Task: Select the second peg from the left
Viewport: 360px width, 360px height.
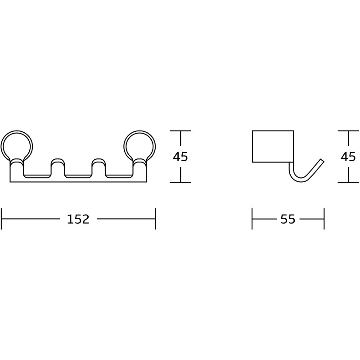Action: point(58,167)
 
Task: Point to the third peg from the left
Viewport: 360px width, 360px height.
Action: point(99,167)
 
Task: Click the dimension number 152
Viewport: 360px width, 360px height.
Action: point(78,219)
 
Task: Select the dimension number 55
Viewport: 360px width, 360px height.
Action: point(288,219)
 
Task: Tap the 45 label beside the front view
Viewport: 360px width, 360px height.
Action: point(180,157)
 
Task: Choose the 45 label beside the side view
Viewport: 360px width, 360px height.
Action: point(348,157)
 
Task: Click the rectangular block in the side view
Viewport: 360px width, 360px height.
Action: point(273,146)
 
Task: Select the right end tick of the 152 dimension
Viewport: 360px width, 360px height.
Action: point(155,219)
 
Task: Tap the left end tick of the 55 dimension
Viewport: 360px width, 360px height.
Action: point(252,219)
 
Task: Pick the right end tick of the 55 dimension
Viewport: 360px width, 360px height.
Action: point(324,219)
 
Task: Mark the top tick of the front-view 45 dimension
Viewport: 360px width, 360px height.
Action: point(180,130)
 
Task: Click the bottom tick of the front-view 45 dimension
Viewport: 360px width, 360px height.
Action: point(180,182)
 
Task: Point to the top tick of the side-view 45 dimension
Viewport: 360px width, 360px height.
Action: point(349,130)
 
